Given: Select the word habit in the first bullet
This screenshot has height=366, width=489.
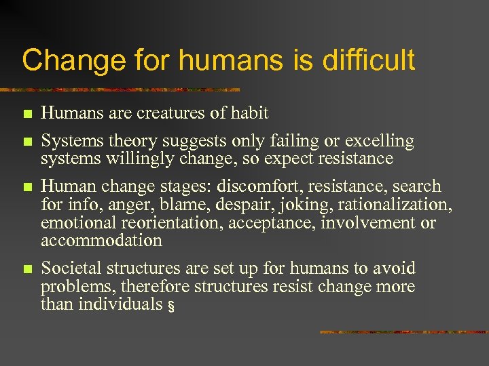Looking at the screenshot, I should coord(249,113).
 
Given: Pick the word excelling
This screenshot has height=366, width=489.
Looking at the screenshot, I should coord(380,141).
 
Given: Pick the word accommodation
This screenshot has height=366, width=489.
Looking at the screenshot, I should coord(101,241).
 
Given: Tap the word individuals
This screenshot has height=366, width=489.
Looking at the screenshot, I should coord(120,304).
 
